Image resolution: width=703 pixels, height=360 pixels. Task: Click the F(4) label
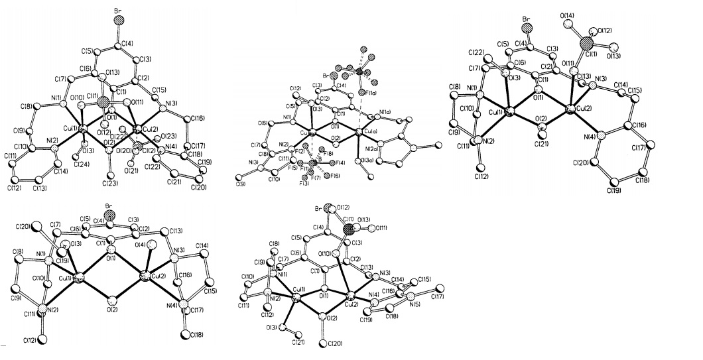tap(340, 162)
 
